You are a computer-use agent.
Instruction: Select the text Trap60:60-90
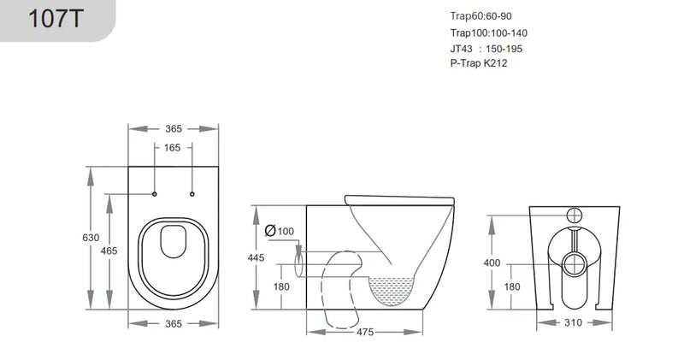(x=480, y=16)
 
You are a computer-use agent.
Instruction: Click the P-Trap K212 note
(x=479, y=63)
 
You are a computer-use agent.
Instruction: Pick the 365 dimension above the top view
(x=174, y=128)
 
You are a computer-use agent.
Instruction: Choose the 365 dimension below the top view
(x=174, y=323)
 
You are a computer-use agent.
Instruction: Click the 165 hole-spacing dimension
(x=173, y=148)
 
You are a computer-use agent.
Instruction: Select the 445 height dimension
(x=256, y=257)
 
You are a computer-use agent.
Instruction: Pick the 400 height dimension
(x=492, y=263)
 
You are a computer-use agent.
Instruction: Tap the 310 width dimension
(x=573, y=322)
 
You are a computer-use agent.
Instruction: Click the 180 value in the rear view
(x=511, y=286)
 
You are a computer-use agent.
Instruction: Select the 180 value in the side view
(x=282, y=286)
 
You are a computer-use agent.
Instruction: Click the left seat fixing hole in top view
(x=155, y=195)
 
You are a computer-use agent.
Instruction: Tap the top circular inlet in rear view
(x=574, y=215)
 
